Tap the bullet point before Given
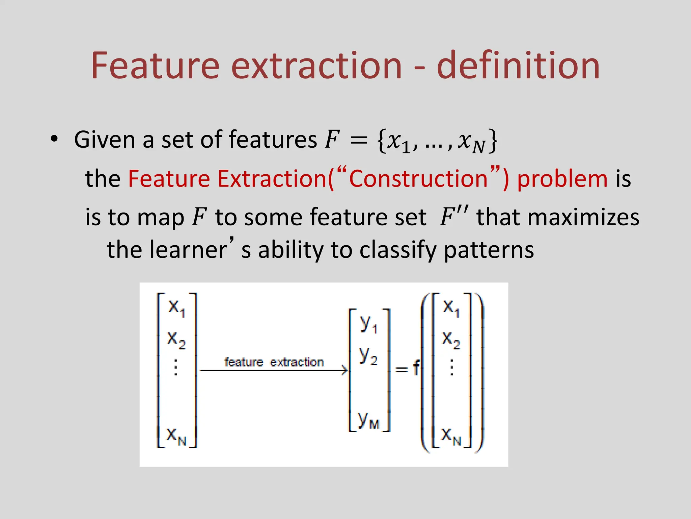[54, 139]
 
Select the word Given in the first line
[105, 140]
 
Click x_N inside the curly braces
[471, 141]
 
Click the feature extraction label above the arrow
[274, 362]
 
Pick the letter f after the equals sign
[417, 368]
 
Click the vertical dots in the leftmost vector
[175, 368]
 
